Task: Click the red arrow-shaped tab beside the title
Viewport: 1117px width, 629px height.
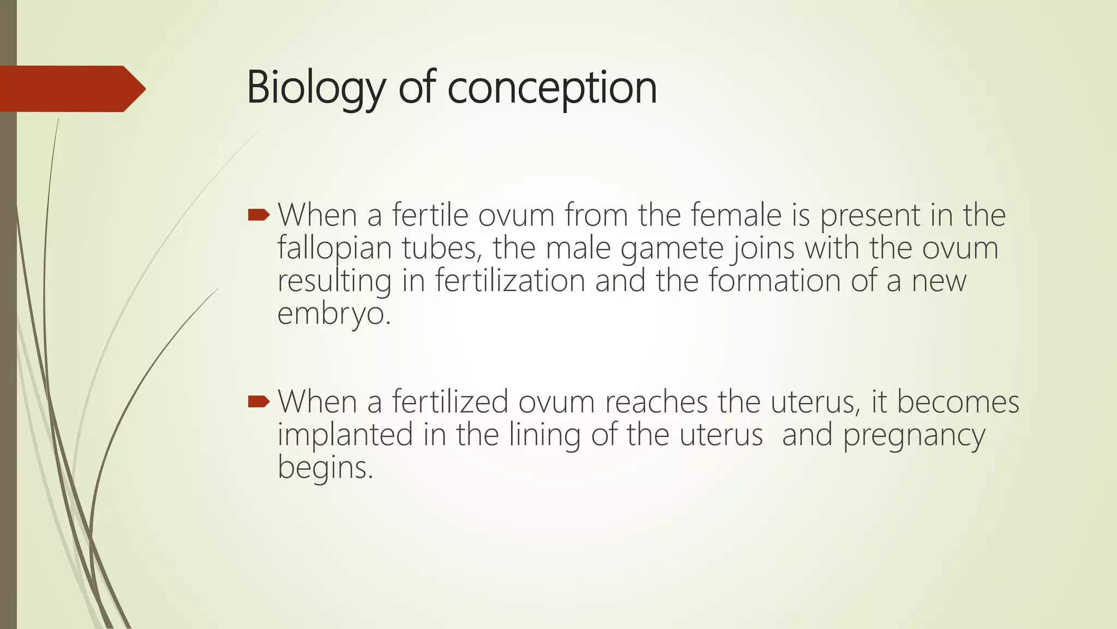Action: (71, 89)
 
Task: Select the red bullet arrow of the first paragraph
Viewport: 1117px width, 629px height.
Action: (259, 215)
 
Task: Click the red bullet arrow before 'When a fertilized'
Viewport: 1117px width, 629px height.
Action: (259, 402)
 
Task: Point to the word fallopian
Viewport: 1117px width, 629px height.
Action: (334, 248)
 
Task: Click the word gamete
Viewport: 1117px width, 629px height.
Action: (671, 248)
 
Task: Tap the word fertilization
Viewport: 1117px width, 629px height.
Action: (510, 281)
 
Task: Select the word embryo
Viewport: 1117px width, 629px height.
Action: (333, 314)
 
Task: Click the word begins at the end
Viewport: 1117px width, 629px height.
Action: (325, 468)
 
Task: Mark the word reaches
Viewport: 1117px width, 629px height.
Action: (656, 402)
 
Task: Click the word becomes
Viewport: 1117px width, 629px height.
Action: (958, 402)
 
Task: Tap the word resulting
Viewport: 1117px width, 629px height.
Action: (334, 281)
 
